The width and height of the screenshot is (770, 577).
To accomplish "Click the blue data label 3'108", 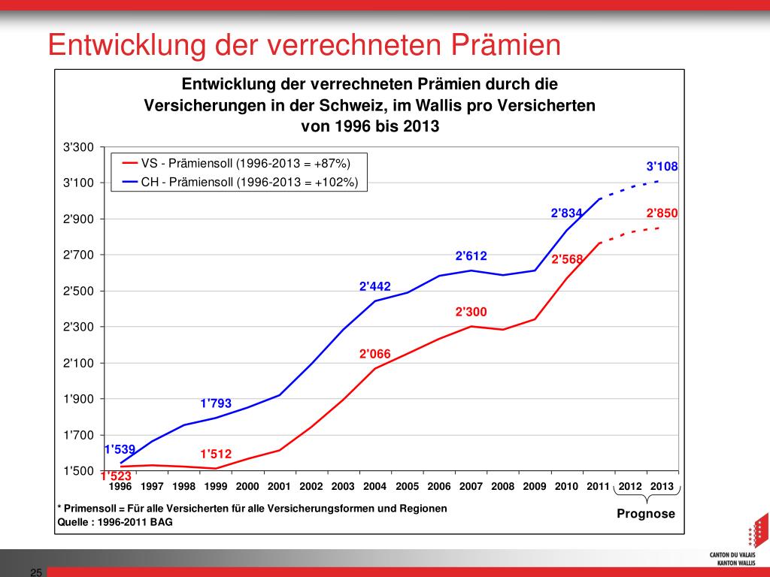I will point(662,167).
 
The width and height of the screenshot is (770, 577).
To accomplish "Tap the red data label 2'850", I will point(662,213).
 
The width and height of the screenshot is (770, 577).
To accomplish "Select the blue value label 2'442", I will point(375,286).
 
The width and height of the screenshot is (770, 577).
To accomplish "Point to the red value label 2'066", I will point(375,353).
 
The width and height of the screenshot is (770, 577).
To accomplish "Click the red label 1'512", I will point(216,454).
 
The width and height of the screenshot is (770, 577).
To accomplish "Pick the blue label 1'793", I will point(216,403).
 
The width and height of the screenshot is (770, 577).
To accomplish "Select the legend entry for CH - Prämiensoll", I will point(249,182).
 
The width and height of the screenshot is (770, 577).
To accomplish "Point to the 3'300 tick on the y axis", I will point(78,147).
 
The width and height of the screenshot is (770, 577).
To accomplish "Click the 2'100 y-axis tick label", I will point(78,363).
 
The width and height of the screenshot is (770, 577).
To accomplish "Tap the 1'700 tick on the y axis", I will point(78,435).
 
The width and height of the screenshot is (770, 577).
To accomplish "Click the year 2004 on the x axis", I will point(374,486).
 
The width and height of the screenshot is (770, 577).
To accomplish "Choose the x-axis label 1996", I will point(120,486).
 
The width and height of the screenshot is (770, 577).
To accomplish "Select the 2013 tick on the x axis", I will point(662,486).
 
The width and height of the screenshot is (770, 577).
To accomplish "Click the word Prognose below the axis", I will point(646,515).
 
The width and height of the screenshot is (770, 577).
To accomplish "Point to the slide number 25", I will point(35,572).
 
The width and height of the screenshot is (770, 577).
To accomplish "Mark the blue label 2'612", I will point(471,256).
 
